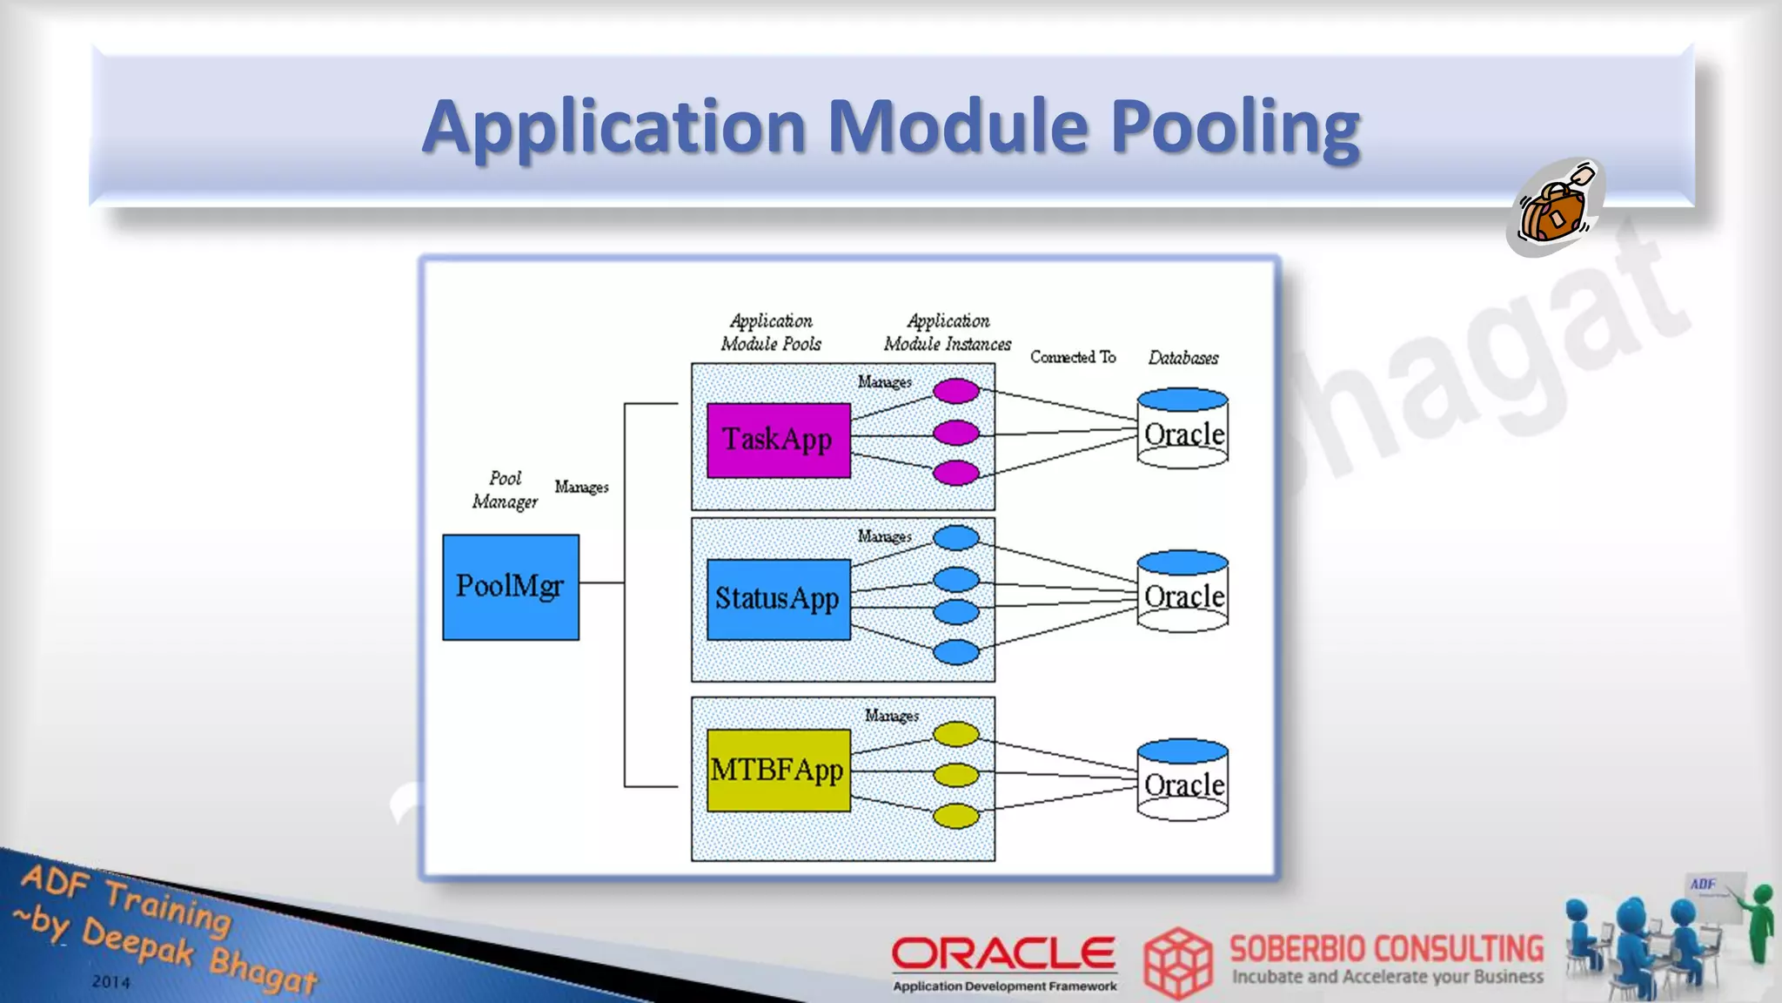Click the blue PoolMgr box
click(x=511, y=587)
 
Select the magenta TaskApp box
click(x=778, y=440)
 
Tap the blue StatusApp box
click(x=778, y=599)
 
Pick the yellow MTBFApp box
click(x=778, y=771)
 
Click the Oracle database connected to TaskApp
click(x=1182, y=429)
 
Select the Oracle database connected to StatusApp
click(x=1182, y=592)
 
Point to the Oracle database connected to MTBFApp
click(x=1182, y=780)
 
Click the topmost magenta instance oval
click(x=956, y=391)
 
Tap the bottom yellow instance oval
click(x=956, y=816)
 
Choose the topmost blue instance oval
click(x=956, y=538)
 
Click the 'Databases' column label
click(x=1182, y=358)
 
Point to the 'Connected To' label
click(x=1073, y=357)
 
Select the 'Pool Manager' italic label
click(x=505, y=490)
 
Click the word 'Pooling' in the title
click(x=1235, y=127)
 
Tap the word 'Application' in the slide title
click(x=614, y=127)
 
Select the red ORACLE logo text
click(x=1003, y=953)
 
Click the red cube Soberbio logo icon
click(x=1177, y=962)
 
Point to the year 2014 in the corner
click(x=111, y=982)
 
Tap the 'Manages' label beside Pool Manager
click(x=581, y=487)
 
